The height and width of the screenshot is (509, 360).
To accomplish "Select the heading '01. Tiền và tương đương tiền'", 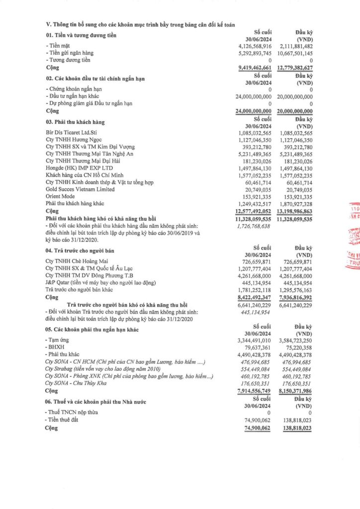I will click(81, 35).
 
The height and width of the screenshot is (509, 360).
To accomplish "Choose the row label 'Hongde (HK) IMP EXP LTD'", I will click(75, 169).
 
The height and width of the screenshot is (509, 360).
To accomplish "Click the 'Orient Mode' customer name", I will click(60, 197).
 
